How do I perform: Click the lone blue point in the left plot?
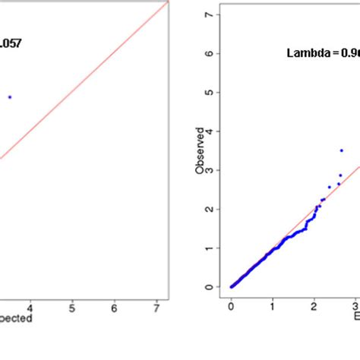click(x=10, y=96)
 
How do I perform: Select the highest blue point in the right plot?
click(x=342, y=150)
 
